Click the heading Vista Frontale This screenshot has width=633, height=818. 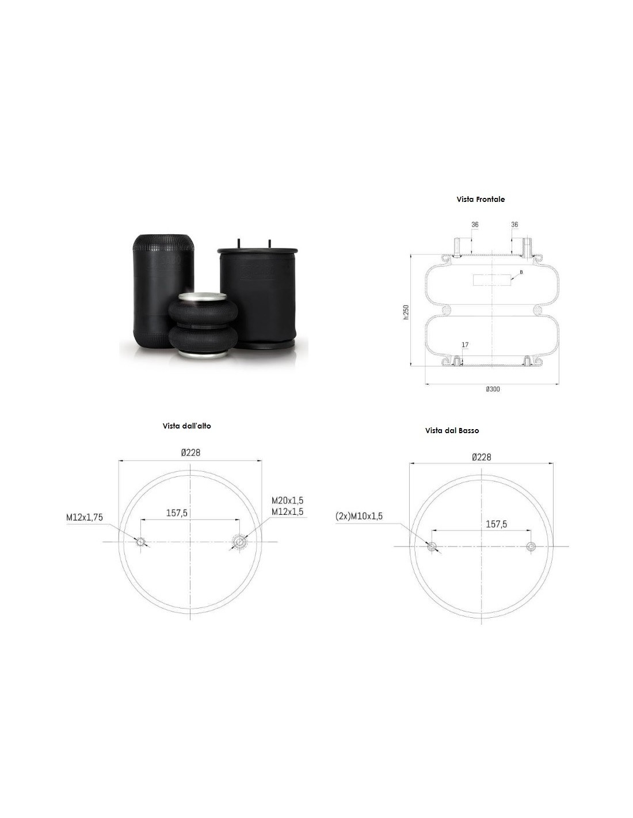[481, 199]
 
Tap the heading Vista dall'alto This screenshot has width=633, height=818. [187, 426]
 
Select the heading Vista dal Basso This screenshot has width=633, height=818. [452, 430]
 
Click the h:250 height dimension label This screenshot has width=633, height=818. [406, 312]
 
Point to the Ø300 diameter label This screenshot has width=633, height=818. [493, 389]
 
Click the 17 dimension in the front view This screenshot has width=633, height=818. [464, 345]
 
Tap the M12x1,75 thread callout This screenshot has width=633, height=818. [85, 517]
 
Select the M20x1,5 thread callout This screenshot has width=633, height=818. [287, 500]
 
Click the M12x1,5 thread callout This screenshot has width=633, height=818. [287, 511]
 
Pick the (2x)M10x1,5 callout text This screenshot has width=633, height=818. [359, 516]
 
